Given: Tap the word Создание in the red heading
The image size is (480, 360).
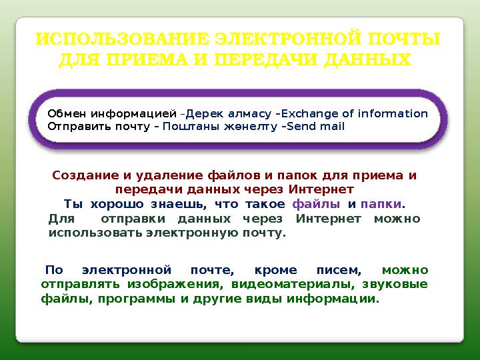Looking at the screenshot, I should click(x=85, y=176).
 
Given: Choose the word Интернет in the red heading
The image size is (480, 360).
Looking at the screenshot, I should click(x=325, y=189).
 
